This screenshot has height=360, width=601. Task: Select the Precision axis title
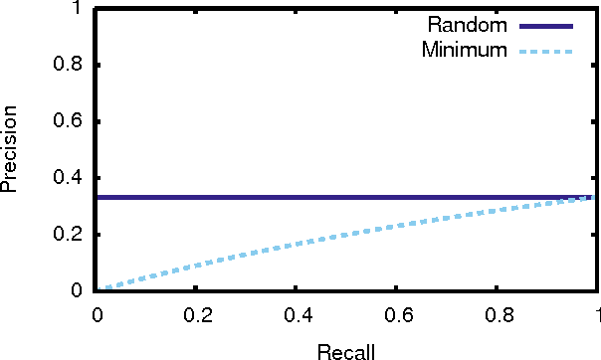pyautogui.click(x=11, y=150)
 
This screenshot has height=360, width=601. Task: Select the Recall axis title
pyautogui.click(x=345, y=350)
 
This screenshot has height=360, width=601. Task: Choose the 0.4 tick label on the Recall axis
pyautogui.click(x=296, y=313)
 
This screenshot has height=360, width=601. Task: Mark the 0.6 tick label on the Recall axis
pyautogui.click(x=396, y=313)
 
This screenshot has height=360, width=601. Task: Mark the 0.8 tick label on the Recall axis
pyautogui.click(x=496, y=313)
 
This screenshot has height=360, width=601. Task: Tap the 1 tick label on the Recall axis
pyautogui.click(x=595, y=313)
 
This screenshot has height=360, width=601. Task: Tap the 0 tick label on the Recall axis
pyautogui.click(x=97, y=313)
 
